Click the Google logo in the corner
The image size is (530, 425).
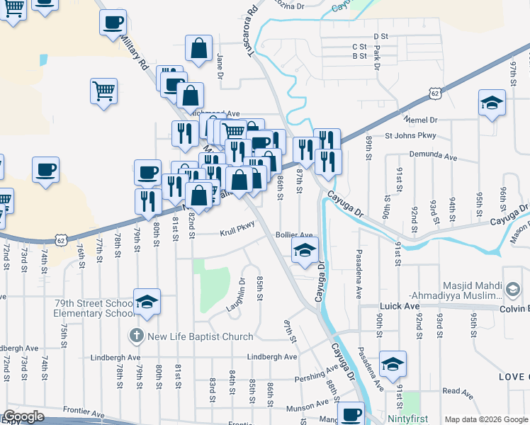pos(23,416)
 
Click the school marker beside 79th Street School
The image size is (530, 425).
pos(147,302)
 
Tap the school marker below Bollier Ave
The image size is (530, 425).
pos(305,251)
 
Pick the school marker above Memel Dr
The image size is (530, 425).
pos(492,103)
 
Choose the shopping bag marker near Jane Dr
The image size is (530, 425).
pos(200,48)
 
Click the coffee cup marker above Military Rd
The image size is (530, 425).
pos(112,23)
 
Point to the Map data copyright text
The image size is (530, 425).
pos(486,419)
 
